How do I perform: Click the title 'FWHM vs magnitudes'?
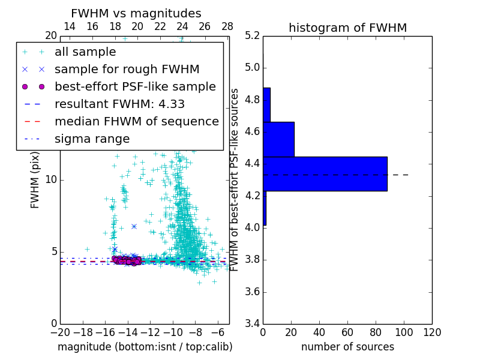[136, 13]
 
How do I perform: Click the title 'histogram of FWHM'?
[347, 28]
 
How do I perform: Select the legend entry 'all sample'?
[85, 52]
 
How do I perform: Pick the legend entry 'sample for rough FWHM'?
[127, 69]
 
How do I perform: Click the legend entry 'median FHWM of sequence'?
[136, 121]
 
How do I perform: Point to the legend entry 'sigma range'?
[92, 139]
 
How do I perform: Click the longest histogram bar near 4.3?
[325, 173]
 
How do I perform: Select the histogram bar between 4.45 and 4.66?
[278, 139]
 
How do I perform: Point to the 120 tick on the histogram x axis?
[432, 332]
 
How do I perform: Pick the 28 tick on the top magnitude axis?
[227, 26]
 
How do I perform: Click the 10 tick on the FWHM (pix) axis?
[52, 180]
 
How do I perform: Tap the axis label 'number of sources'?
[347, 347]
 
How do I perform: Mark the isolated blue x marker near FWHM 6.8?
[134, 226]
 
